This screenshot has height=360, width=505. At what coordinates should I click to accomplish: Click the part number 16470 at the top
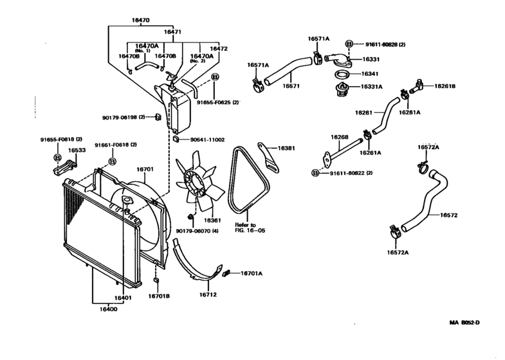140,21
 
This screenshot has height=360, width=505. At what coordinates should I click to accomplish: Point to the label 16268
339,136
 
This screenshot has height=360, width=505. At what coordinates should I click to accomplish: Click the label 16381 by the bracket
286,148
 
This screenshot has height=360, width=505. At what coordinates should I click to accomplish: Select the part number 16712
208,295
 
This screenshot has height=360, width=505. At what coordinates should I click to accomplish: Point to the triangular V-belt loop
250,180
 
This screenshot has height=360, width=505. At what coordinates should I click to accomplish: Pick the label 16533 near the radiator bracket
77,150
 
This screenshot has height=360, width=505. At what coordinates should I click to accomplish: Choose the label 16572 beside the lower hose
448,215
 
